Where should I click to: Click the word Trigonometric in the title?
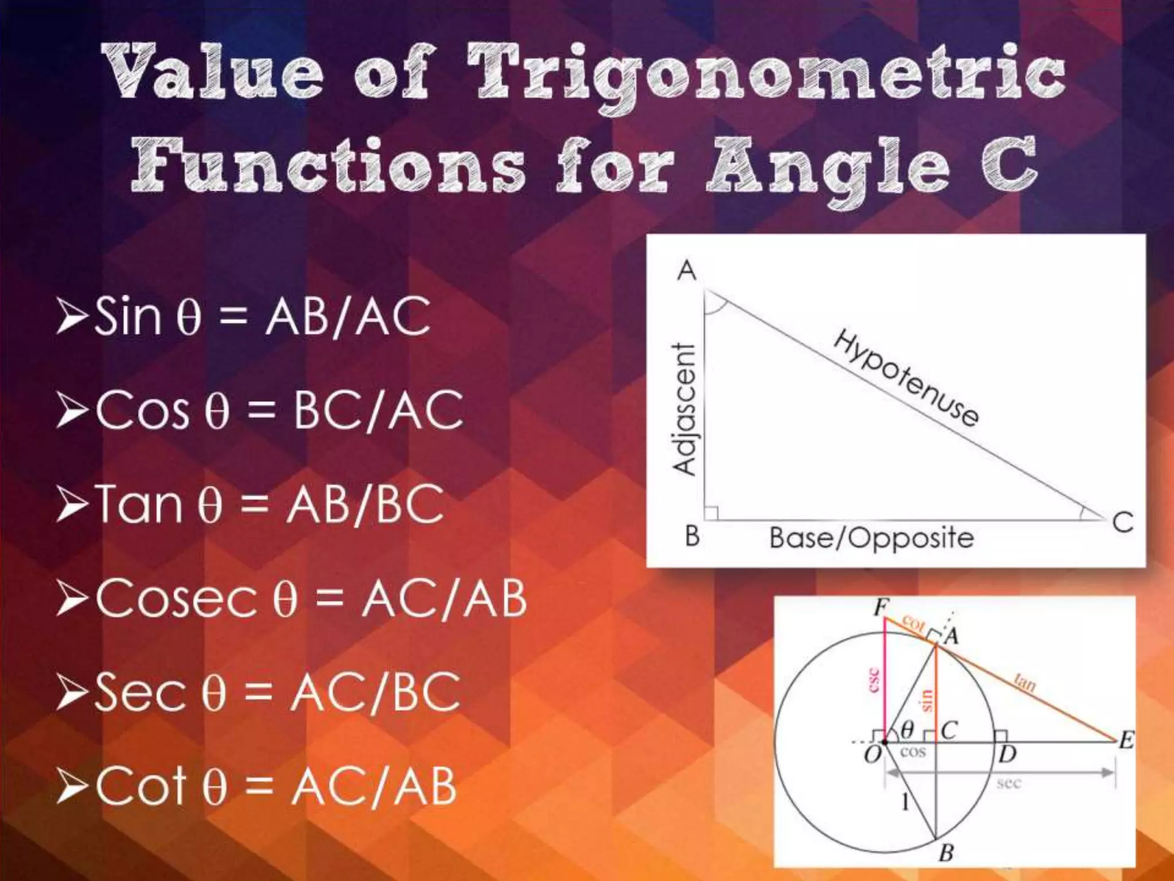(765, 75)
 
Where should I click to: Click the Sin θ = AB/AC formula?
(261, 316)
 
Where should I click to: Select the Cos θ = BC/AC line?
(279, 410)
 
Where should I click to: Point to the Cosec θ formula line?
(310, 598)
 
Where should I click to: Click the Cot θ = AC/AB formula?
(275, 786)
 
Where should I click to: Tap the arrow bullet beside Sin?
(72, 316)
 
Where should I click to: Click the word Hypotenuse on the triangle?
(906, 378)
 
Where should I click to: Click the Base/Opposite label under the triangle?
(871, 538)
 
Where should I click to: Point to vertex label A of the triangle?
(686, 270)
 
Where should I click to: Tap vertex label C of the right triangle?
(1122, 523)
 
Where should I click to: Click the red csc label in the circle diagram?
(874, 680)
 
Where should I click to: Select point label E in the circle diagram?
(1126, 741)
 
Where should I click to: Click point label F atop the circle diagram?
(881, 607)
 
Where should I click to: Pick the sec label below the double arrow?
(1008, 783)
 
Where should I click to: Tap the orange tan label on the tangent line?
(1025, 683)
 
